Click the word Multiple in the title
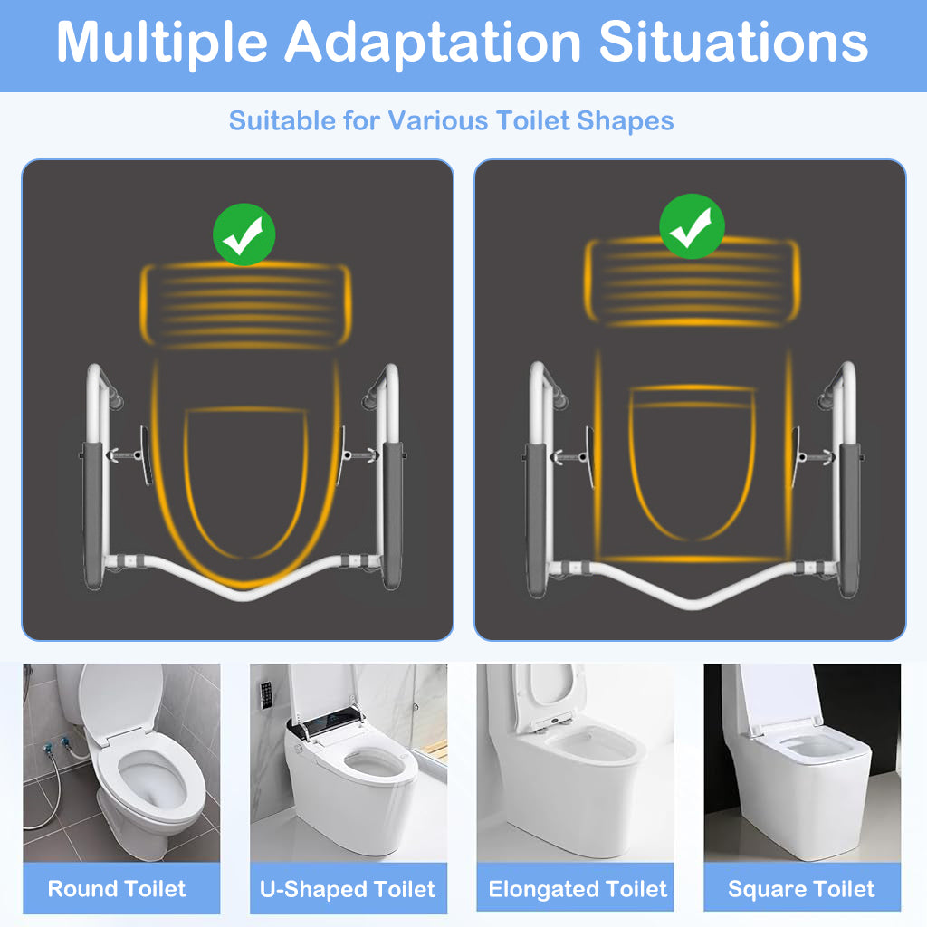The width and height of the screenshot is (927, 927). (x=162, y=42)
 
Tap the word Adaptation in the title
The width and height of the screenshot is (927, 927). (x=434, y=42)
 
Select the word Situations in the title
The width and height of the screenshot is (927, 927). (x=733, y=42)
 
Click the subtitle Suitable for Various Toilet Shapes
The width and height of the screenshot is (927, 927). (x=451, y=120)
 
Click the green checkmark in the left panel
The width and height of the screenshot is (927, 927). (x=244, y=234)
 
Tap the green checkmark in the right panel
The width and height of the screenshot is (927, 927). (x=692, y=226)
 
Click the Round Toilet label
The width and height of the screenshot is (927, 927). (x=117, y=889)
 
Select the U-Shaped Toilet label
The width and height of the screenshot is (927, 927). (x=348, y=889)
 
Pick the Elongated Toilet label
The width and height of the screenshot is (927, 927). (x=578, y=889)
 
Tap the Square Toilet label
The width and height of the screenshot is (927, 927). (x=801, y=889)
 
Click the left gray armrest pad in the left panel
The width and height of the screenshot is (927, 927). (x=93, y=515)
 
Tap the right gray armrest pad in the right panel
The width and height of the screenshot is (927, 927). (x=849, y=520)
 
